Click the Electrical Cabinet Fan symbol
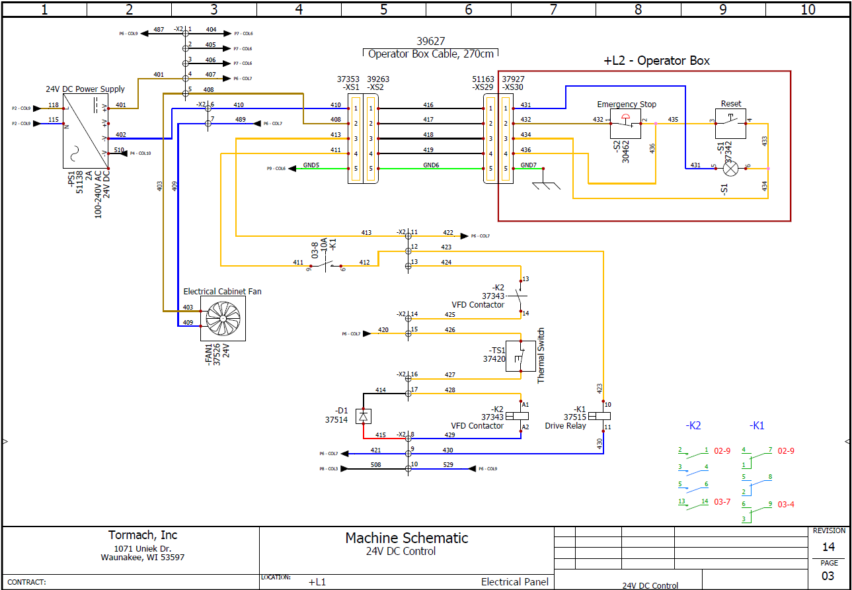click(223, 318)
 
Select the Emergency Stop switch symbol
click(625, 124)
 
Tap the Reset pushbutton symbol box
click(730, 124)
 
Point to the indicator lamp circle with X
click(730, 169)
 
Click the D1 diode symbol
click(363, 416)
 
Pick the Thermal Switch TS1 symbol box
click(521, 356)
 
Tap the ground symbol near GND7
click(543, 183)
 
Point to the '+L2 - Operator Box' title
click(656, 61)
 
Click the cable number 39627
click(430, 42)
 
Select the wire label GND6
click(432, 165)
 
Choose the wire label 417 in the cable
click(428, 120)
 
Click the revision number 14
click(828, 547)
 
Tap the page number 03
click(828, 576)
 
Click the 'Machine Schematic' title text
click(407, 538)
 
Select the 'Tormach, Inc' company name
click(143, 535)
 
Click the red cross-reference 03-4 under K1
click(786, 504)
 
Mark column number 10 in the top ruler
click(808, 9)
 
